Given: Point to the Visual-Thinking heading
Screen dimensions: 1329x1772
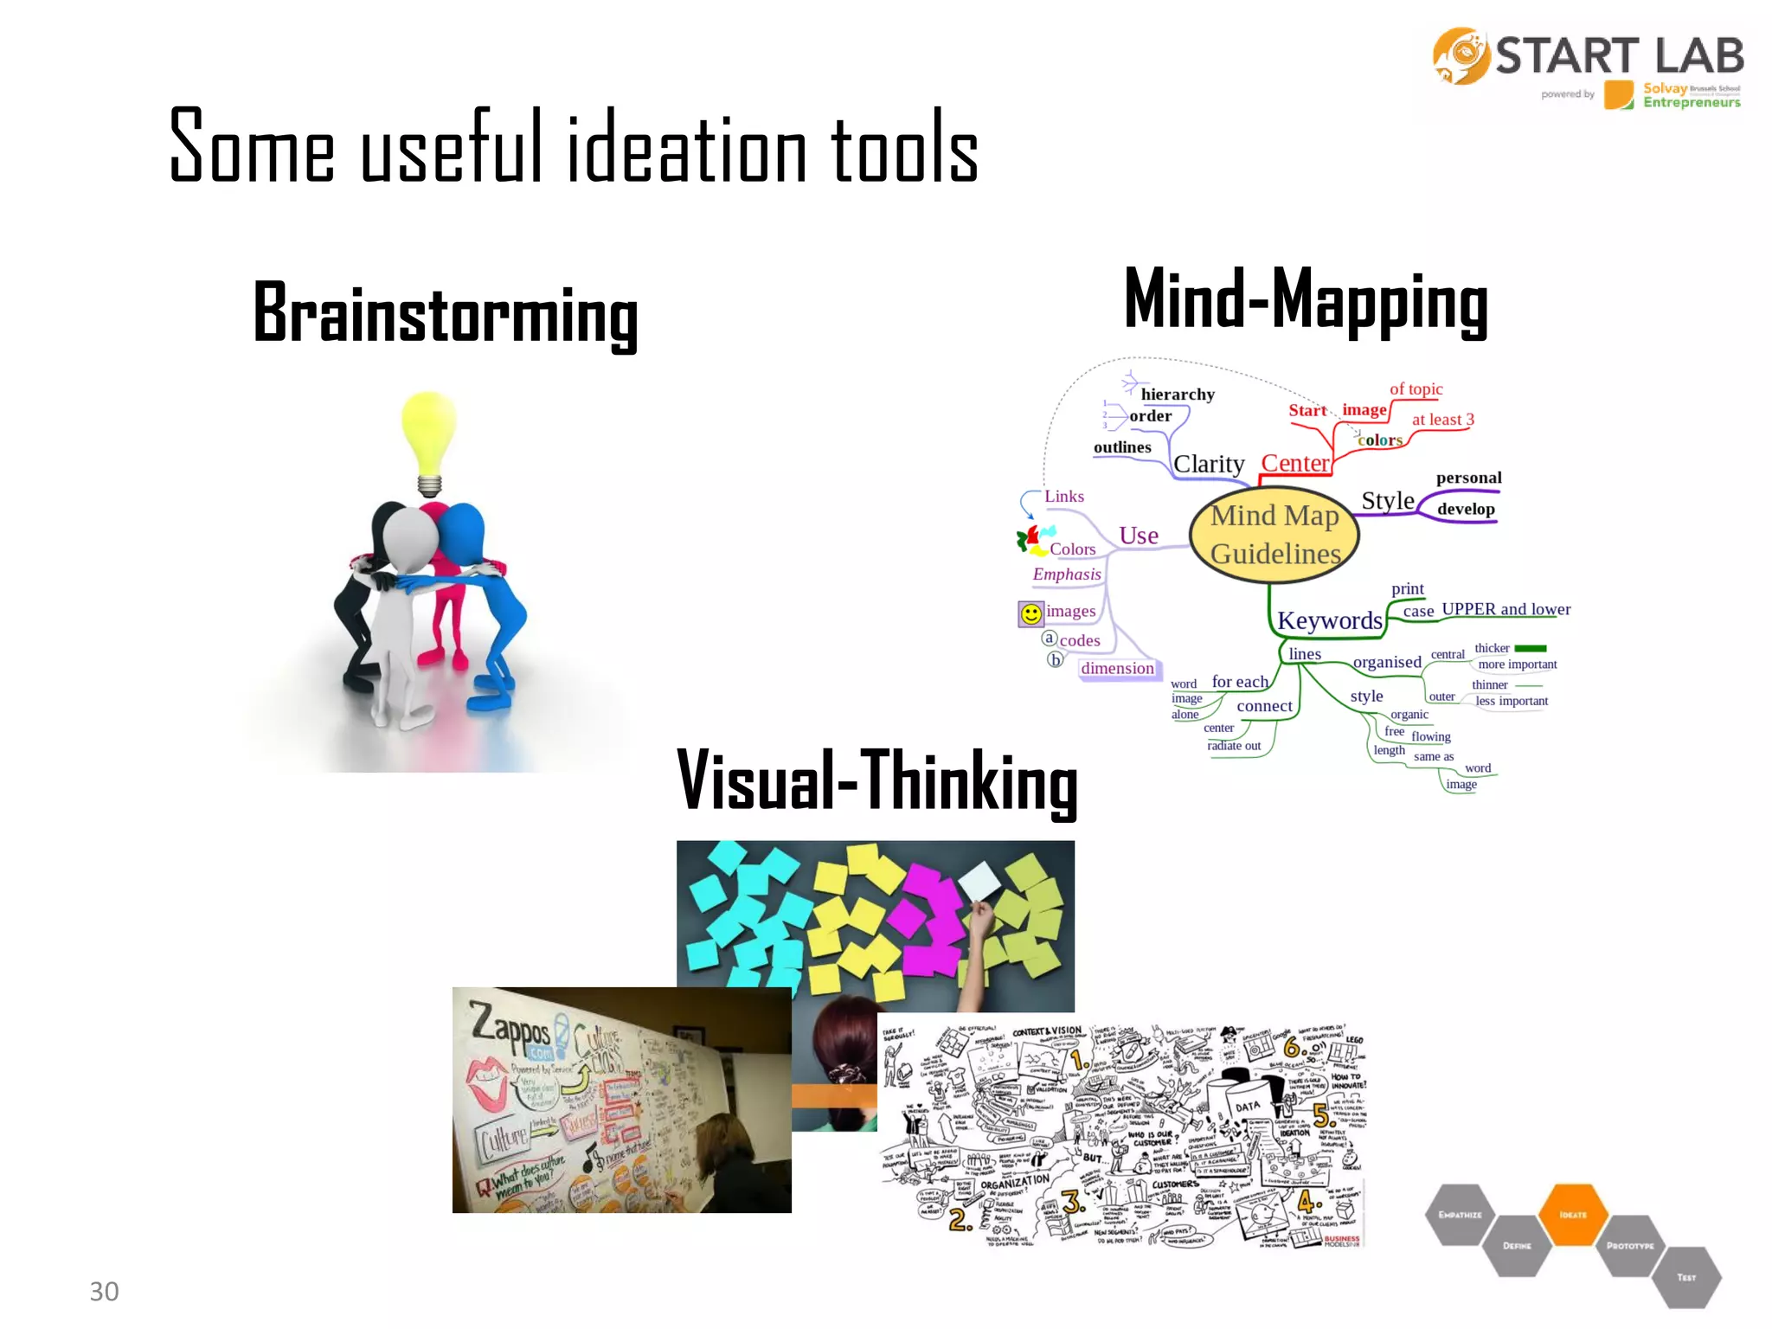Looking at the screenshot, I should [x=876, y=782].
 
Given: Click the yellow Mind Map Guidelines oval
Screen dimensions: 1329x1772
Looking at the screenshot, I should [x=1274, y=535].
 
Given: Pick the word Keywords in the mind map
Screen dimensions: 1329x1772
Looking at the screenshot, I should [x=1329, y=620].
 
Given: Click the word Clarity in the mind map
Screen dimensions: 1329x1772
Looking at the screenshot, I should [x=1208, y=465].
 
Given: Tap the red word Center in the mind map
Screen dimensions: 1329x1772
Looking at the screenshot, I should [x=1294, y=464].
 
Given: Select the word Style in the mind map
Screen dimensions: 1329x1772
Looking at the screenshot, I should [x=1387, y=501].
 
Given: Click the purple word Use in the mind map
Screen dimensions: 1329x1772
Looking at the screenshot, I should [x=1138, y=536].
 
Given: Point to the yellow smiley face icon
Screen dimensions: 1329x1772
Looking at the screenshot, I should [x=1030, y=613].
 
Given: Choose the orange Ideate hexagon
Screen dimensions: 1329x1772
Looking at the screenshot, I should [x=1573, y=1215].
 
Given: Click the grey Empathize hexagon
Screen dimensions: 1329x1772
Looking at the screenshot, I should [x=1460, y=1215].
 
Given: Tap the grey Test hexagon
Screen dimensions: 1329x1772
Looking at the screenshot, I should [x=1686, y=1277].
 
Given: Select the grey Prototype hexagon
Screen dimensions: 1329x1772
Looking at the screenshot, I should [x=1629, y=1246].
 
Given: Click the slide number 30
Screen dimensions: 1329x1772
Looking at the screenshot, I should [x=104, y=1291].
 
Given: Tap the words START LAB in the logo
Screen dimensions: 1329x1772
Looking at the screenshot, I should [x=1619, y=56].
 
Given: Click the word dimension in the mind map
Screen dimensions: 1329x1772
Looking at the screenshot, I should [x=1117, y=668].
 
